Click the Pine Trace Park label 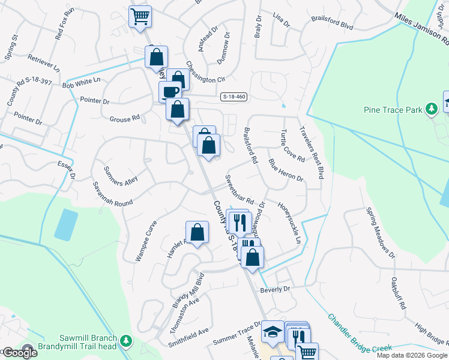393,109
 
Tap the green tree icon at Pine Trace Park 430,109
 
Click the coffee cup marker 170,92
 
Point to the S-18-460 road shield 234,96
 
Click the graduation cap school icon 273,332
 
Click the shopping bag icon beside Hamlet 197,232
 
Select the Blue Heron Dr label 286,170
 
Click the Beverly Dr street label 275,289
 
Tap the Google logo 19,353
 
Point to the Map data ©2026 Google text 412,355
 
